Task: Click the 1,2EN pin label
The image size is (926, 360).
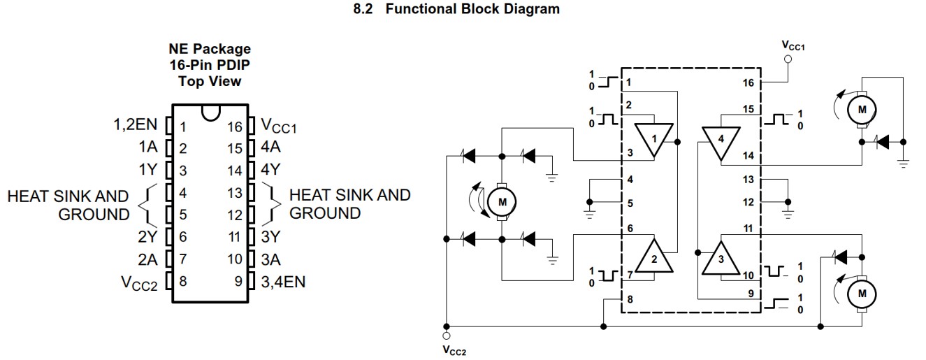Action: (x=136, y=126)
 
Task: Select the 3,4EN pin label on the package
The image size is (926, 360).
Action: (x=283, y=282)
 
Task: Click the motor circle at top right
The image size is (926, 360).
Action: (x=862, y=109)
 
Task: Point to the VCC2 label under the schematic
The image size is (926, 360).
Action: (x=454, y=350)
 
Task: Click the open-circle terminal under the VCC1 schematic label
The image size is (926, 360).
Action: (x=788, y=60)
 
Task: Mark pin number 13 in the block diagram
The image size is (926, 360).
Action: (x=748, y=180)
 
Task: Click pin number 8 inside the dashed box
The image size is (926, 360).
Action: (x=630, y=299)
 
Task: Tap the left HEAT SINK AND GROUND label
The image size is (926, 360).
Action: (x=68, y=205)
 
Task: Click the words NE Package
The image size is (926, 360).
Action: (x=209, y=49)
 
